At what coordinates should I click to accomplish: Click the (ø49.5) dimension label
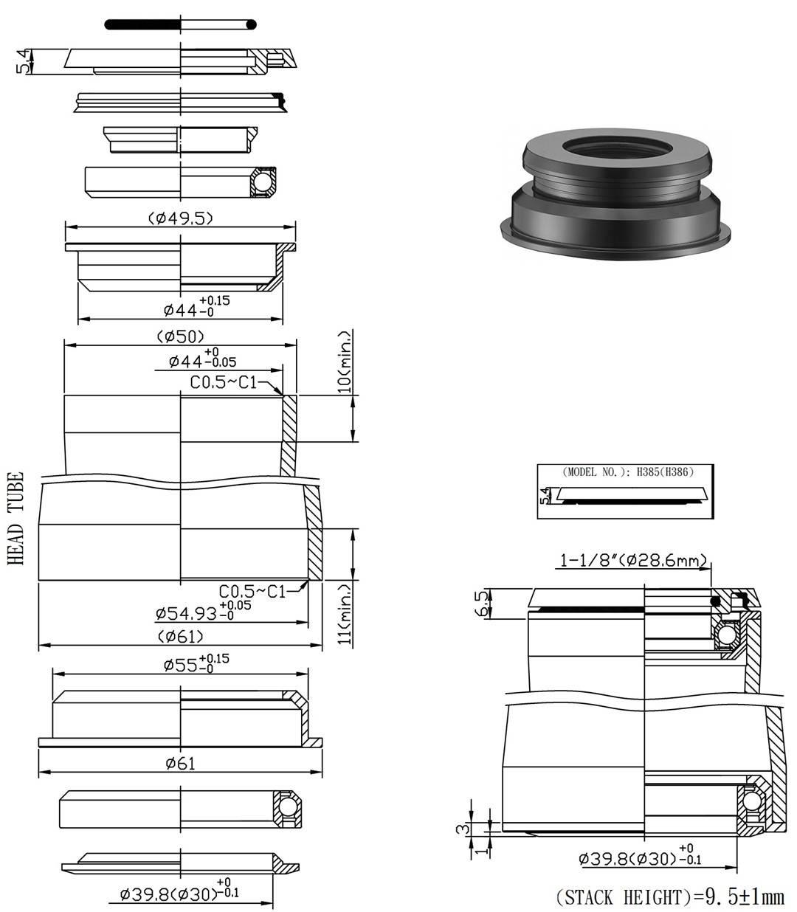pyautogui.click(x=180, y=218)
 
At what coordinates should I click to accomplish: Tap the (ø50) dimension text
pyautogui.click(x=180, y=336)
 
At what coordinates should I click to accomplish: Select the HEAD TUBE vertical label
pyautogui.click(x=17, y=519)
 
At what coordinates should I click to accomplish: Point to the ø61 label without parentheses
pyautogui.click(x=180, y=764)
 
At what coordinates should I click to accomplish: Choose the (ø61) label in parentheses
pyautogui.click(x=180, y=636)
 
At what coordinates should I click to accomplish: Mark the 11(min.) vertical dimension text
pyautogui.click(x=345, y=614)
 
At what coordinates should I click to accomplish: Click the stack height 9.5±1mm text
pyautogui.click(x=669, y=897)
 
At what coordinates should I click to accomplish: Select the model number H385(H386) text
pyautogui.click(x=627, y=471)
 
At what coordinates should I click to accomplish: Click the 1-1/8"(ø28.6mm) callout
pyautogui.click(x=633, y=561)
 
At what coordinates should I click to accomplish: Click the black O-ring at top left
pyautogui.click(x=180, y=24)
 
